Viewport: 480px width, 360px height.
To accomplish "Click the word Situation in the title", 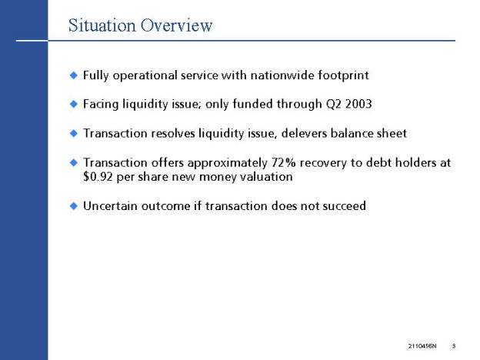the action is pyautogui.click(x=102, y=25).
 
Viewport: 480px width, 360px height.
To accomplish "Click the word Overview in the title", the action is pyautogui.click(x=176, y=25).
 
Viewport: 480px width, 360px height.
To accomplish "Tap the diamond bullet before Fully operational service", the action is pyautogui.click(x=74, y=75).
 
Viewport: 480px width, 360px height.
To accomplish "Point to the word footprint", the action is pyautogui.click(x=343, y=75).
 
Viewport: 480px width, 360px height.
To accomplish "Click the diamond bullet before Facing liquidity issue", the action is pyautogui.click(x=74, y=104).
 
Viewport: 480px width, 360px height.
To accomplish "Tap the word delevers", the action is pyautogui.click(x=304, y=133).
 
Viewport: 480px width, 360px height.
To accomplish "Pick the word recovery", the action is pyautogui.click(x=323, y=163).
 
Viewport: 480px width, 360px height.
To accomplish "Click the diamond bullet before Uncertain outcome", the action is pyautogui.click(x=74, y=205).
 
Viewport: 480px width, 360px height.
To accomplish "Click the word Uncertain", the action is pyautogui.click(x=110, y=205).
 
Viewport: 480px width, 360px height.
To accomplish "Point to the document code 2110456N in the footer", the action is pyautogui.click(x=422, y=346).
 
